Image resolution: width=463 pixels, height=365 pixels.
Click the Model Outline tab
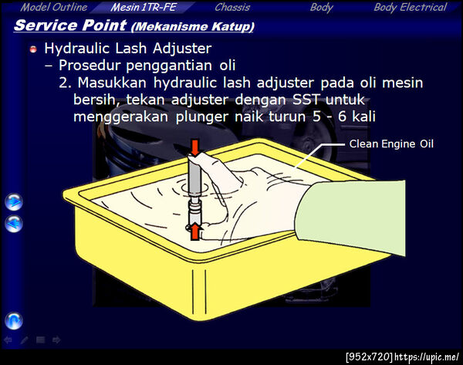(x=54, y=7)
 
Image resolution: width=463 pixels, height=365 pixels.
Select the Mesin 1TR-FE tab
(x=144, y=7)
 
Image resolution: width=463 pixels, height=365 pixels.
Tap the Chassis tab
(x=232, y=7)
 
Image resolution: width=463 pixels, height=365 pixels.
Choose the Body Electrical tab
(x=411, y=8)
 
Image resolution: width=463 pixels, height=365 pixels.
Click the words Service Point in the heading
(x=70, y=25)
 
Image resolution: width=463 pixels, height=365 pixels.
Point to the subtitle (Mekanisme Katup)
(x=192, y=27)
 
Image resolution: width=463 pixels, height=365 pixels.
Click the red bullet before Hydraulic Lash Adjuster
(x=33, y=49)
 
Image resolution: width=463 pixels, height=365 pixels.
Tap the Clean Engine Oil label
(x=391, y=144)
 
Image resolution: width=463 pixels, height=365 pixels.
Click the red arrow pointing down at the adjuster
(x=195, y=147)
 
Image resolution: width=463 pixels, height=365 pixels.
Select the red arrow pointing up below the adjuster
(x=194, y=232)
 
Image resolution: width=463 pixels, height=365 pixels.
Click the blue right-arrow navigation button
(x=14, y=202)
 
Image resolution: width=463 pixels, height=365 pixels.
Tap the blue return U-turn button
(x=14, y=321)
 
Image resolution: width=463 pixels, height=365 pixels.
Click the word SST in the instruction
(x=306, y=100)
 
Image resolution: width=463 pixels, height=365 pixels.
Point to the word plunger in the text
(x=202, y=117)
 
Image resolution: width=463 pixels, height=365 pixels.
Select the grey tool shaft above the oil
(x=194, y=177)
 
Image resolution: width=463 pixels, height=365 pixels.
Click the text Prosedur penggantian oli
(x=147, y=66)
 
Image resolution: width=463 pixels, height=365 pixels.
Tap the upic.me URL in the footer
(x=427, y=357)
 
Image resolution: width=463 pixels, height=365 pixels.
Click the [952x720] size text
(x=369, y=357)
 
